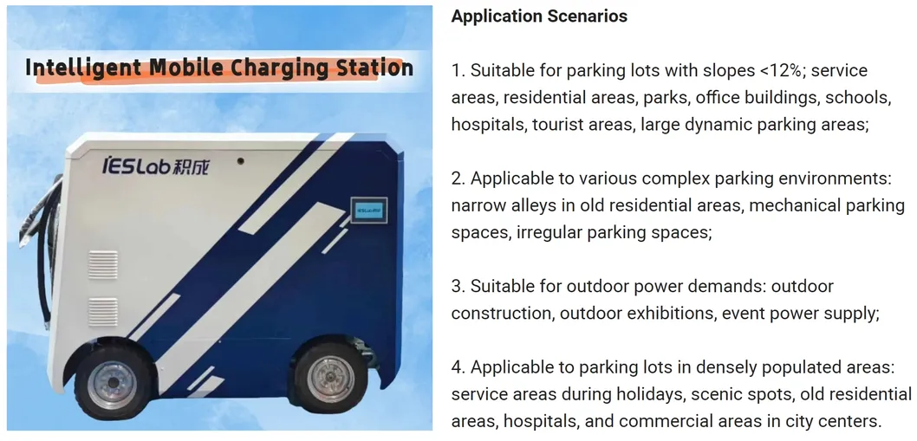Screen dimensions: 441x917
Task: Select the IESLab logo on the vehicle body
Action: click(157, 165)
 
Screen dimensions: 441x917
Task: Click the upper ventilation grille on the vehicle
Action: click(102, 264)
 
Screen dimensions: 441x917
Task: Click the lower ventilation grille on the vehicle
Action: click(102, 311)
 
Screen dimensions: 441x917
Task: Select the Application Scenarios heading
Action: click(539, 16)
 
